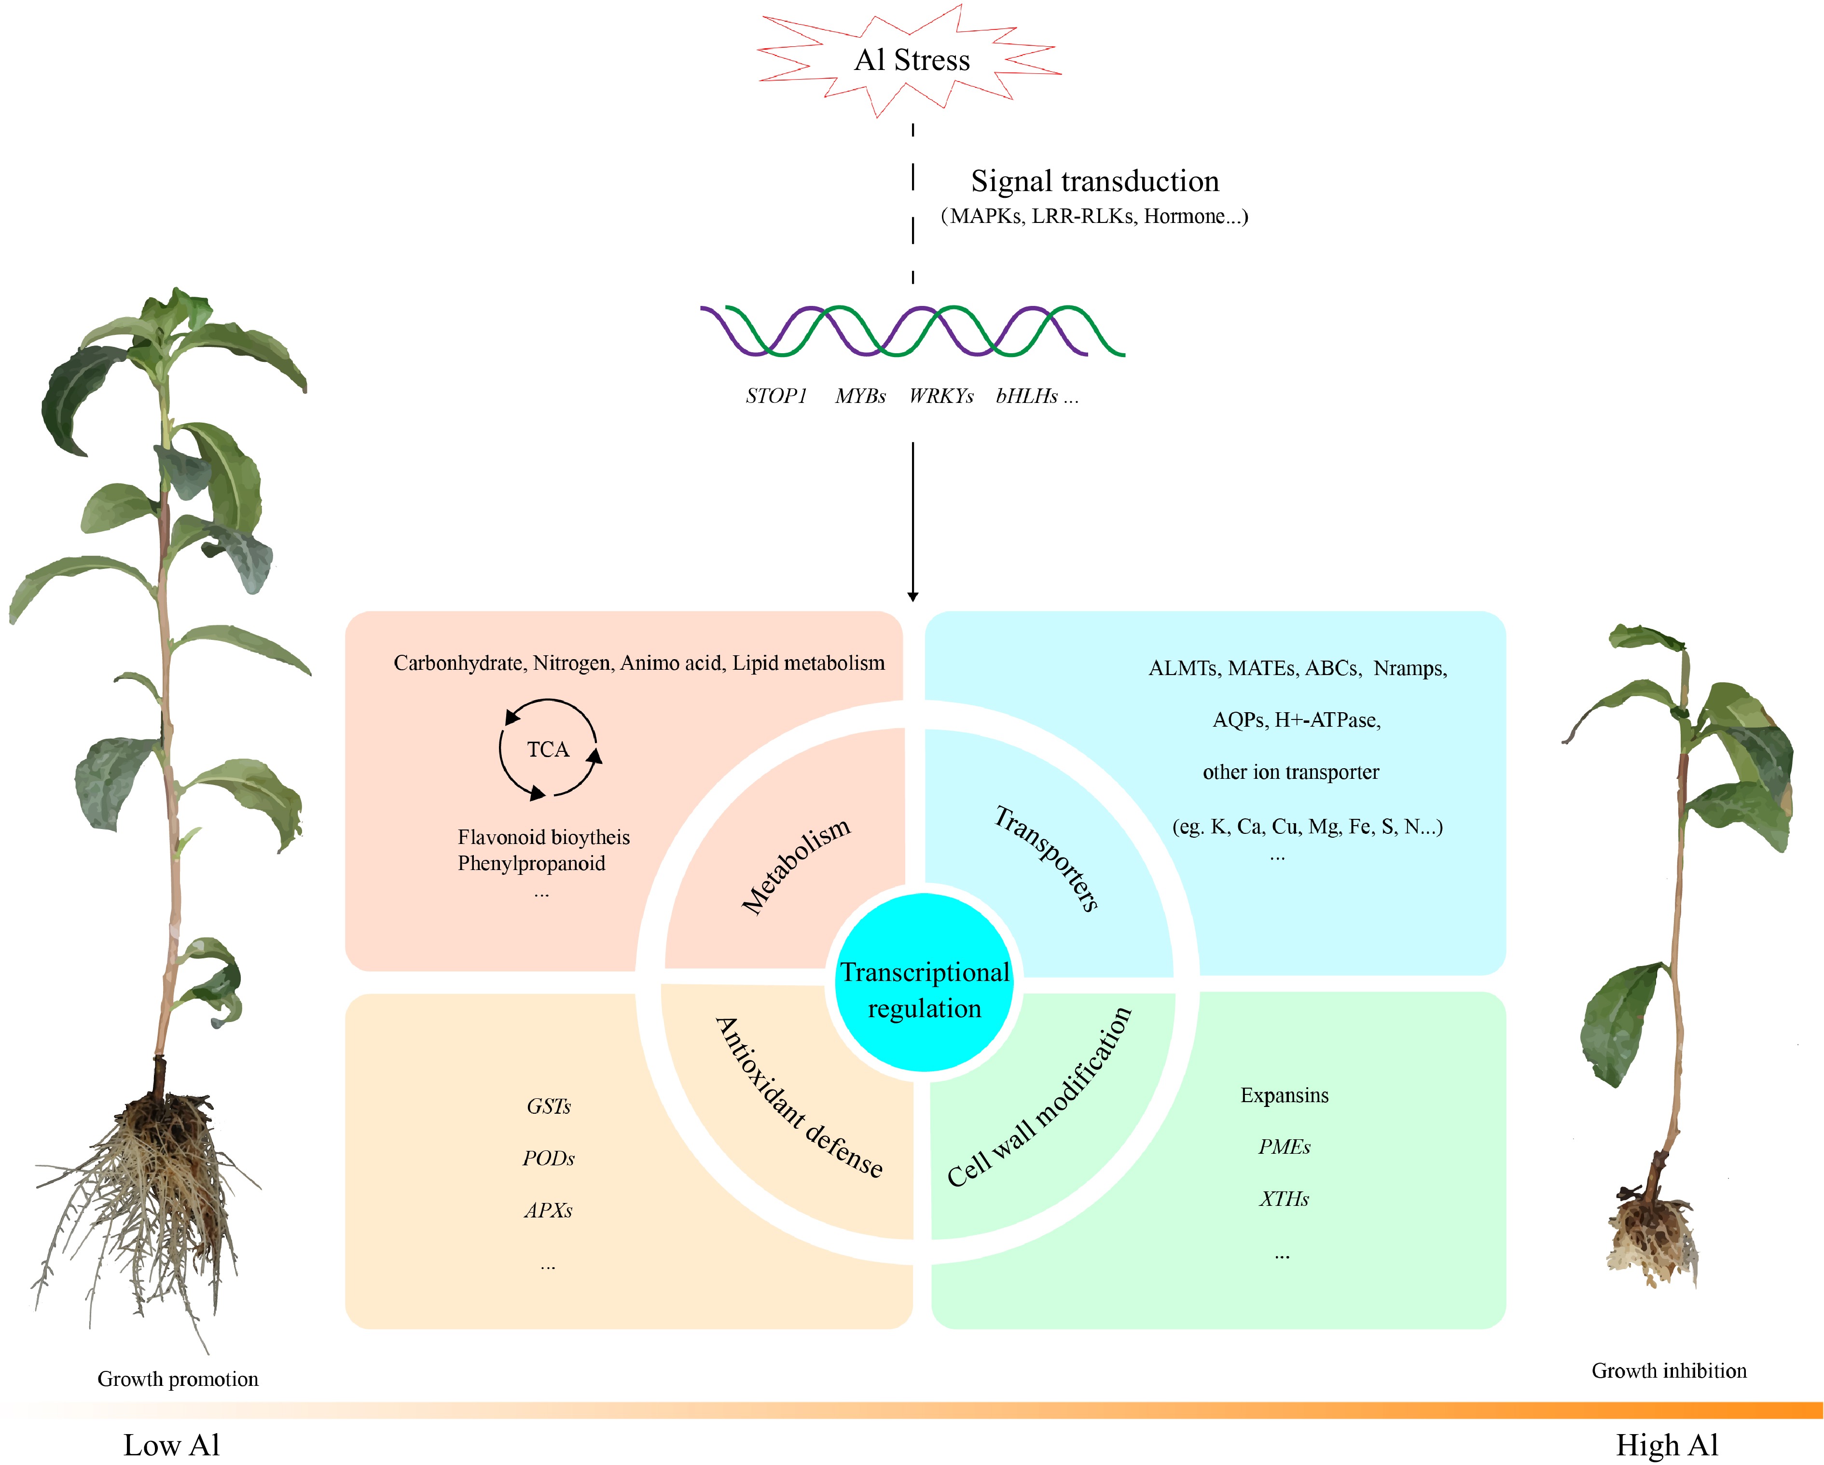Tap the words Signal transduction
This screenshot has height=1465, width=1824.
coord(1095,181)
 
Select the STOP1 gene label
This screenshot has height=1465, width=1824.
coord(776,396)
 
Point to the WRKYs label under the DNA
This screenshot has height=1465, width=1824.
coord(941,396)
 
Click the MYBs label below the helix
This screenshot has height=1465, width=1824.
coord(859,396)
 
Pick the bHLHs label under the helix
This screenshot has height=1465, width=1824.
coord(1027,396)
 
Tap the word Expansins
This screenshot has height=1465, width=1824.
coord(1284,1095)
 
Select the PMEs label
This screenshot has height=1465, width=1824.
coord(1284,1147)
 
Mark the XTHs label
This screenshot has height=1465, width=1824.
coord(1284,1199)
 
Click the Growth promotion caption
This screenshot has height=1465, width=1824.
coord(178,1379)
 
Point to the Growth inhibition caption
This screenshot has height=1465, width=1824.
coord(1668,1370)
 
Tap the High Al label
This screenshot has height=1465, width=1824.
coord(1667,1445)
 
